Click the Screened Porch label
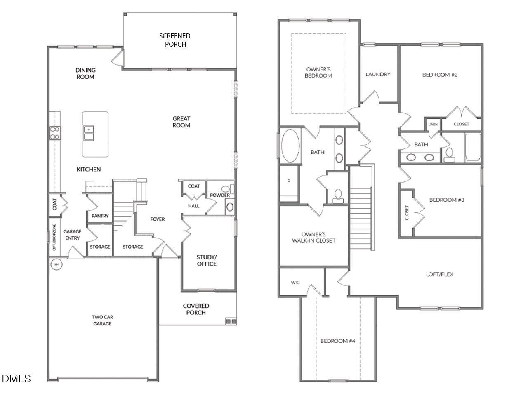pyautogui.click(x=175, y=40)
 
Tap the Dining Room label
pyautogui.click(x=85, y=73)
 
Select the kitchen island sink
pyautogui.click(x=88, y=133)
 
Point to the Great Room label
pyautogui.click(x=181, y=122)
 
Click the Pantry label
pyautogui.click(x=100, y=216)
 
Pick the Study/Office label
pyautogui.click(x=206, y=260)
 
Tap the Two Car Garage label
pyautogui.click(x=102, y=321)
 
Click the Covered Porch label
pyautogui.click(x=196, y=309)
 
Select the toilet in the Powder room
pyautogui.click(x=230, y=206)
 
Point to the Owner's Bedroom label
pyautogui.click(x=318, y=73)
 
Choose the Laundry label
pyautogui.click(x=377, y=74)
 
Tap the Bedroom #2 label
pyautogui.click(x=440, y=75)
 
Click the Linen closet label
pyautogui.click(x=433, y=124)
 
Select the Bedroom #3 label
pyautogui.click(x=447, y=200)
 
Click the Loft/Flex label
pyautogui.click(x=439, y=274)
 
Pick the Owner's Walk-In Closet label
pyautogui.click(x=313, y=237)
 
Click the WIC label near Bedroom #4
pyautogui.click(x=295, y=283)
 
